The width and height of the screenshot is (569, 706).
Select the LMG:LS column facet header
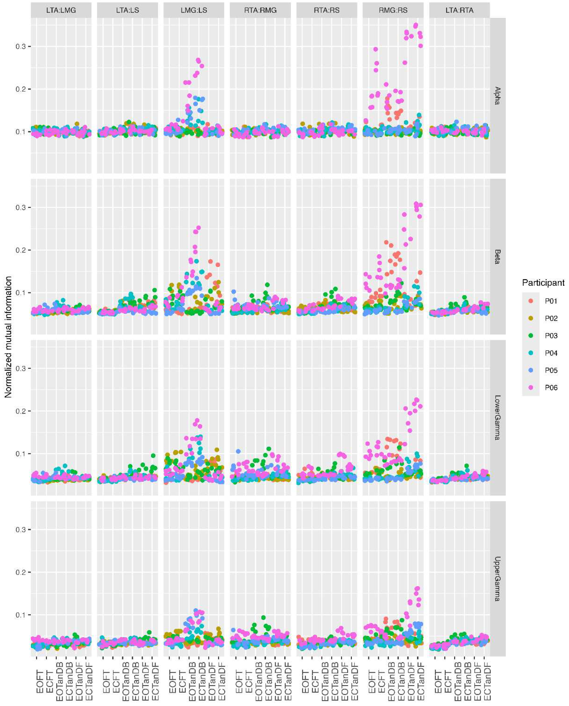[194, 10]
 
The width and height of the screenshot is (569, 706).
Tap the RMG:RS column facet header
[393, 10]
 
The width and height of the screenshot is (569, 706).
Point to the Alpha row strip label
[498, 96]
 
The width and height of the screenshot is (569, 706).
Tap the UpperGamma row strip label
[498, 578]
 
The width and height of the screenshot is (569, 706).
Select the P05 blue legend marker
[531, 370]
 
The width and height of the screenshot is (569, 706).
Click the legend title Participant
[543, 283]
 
